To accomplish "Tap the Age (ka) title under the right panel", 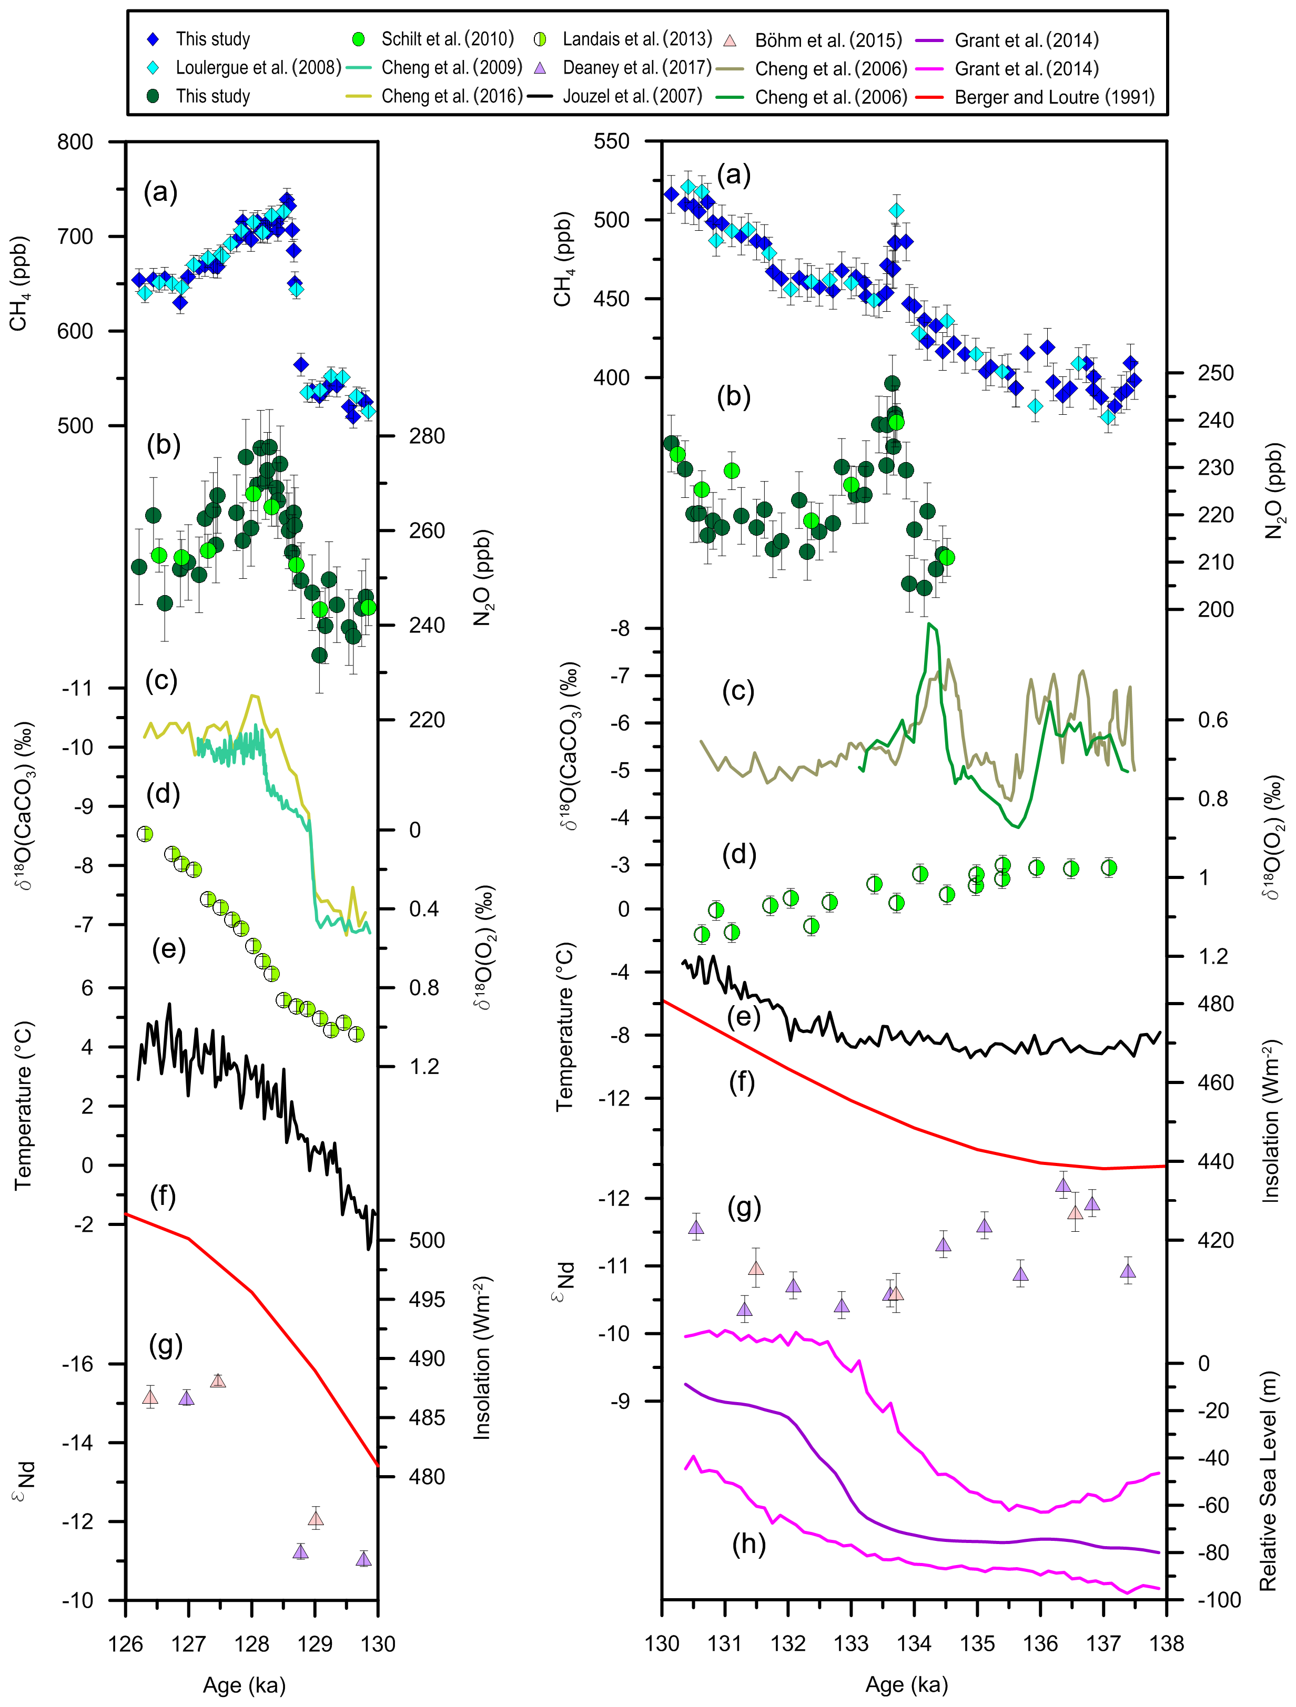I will (906, 1685).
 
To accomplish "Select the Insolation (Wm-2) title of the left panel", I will (482, 1358).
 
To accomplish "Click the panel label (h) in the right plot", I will (748, 1544).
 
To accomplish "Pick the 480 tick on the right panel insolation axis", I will (1215, 1004).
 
